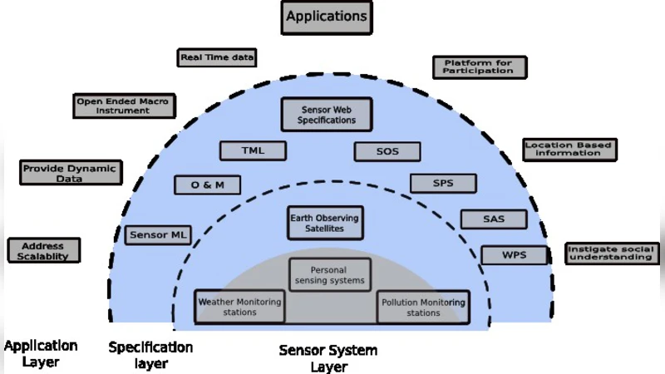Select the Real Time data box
(217, 57)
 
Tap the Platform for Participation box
(479, 66)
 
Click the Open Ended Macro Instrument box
(123, 106)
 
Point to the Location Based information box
(569, 149)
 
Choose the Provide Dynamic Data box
(71, 172)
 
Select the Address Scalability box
(43, 251)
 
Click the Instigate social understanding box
(608, 253)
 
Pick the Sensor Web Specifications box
(326, 115)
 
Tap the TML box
(253, 150)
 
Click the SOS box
(387, 151)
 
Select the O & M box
(208, 185)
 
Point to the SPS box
(443, 183)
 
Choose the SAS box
(494, 219)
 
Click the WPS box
(514, 254)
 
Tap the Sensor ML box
(158, 235)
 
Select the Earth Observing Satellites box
(324, 222)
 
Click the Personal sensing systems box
(329, 275)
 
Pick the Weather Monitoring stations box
(239, 308)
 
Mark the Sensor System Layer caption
(328, 358)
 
